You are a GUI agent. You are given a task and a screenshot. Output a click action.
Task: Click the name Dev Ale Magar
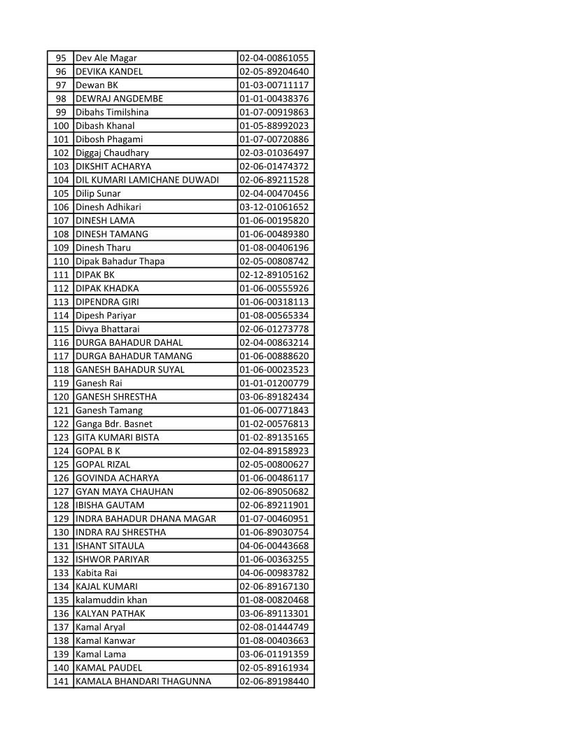[x=106, y=58]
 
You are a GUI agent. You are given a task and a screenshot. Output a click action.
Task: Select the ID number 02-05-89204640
[x=274, y=71]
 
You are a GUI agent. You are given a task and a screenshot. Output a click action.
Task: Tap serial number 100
[x=61, y=126]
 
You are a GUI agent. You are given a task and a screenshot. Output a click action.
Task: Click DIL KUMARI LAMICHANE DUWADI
[x=147, y=180]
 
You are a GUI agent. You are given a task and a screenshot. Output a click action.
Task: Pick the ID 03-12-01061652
[x=274, y=207]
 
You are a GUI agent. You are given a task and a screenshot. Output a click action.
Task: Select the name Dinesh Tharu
[x=103, y=248]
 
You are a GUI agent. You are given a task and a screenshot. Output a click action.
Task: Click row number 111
[x=61, y=275]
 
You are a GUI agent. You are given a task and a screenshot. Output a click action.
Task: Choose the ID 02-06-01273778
[x=274, y=329]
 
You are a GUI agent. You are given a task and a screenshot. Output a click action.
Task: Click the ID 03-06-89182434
[x=274, y=397]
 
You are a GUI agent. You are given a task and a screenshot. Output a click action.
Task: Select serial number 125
[x=61, y=465]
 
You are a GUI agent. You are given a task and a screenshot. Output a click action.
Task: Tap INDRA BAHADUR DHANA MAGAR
[x=146, y=519]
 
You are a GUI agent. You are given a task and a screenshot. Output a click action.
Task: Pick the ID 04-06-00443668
[x=274, y=546]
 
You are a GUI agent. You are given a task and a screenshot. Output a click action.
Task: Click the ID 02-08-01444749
[x=274, y=627]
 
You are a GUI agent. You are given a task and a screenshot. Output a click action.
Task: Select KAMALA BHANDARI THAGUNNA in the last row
[x=143, y=681]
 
